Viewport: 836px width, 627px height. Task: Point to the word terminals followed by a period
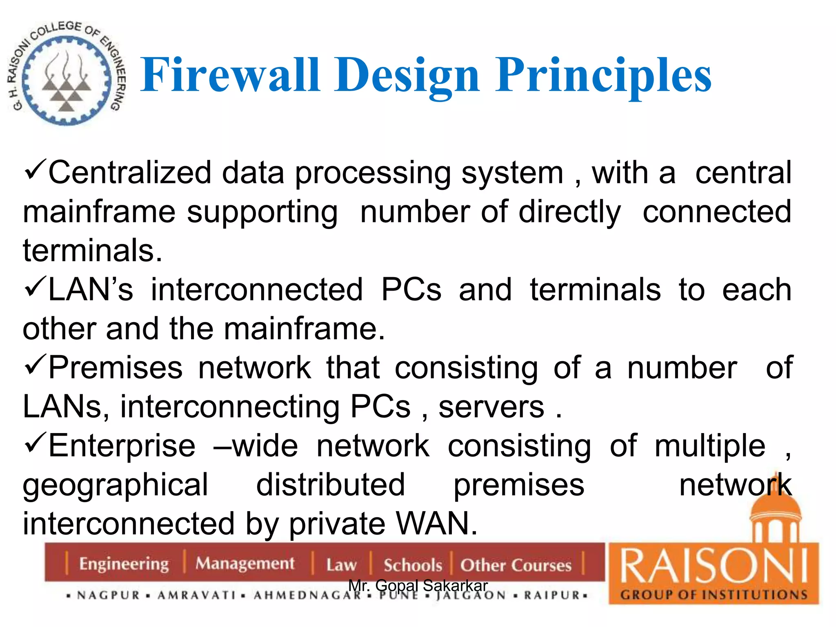coord(92,251)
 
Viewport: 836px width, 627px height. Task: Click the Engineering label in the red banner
coord(124,564)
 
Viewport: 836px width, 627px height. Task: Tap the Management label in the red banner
coord(245,564)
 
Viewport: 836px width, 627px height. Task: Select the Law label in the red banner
coord(341,565)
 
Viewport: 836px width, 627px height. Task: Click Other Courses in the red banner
coord(516,565)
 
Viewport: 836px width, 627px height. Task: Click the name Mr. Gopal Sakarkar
coord(418,586)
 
